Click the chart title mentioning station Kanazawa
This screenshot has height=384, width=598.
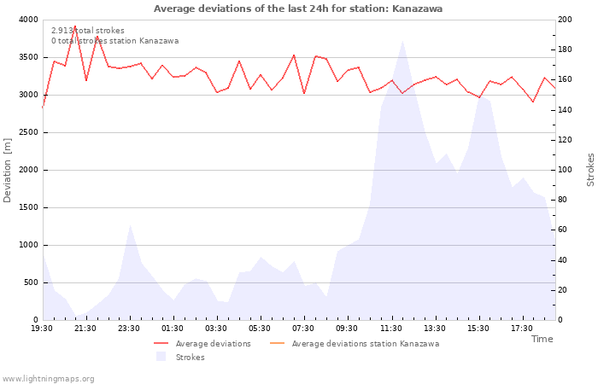click(298, 9)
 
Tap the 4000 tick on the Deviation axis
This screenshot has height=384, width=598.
click(27, 20)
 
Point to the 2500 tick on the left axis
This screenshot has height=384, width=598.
click(27, 132)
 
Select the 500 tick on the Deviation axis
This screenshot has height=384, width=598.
click(30, 282)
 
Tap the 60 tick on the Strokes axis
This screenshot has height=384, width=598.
click(565, 230)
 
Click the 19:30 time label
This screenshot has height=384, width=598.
click(42, 329)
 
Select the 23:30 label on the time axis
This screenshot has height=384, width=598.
click(129, 329)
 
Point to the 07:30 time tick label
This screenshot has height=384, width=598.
click(303, 329)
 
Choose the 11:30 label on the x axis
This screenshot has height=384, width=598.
click(390, 329)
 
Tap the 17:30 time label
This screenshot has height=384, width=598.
click(521, 329)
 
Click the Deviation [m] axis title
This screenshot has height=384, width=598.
click(8, 170)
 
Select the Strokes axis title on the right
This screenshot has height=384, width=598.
click(590, 170)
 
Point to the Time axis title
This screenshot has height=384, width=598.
click(542, 339)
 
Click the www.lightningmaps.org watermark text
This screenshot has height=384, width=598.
click(49, 379)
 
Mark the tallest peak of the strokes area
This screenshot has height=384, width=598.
click(402, 40)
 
